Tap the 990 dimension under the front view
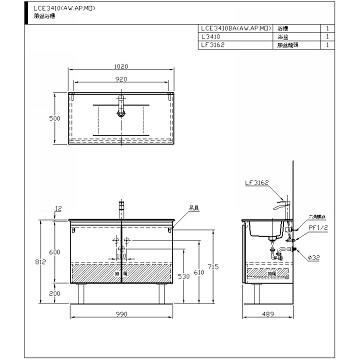119,315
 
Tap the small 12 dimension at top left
59,209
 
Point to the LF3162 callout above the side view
257,183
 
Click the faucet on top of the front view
119,207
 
